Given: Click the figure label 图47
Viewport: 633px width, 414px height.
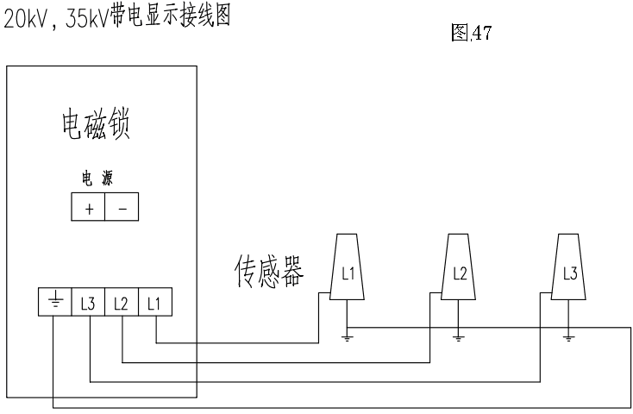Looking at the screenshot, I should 471,34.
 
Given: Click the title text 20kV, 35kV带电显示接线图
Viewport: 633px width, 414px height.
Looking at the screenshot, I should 118,16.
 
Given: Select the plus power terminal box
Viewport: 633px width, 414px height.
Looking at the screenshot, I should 87,208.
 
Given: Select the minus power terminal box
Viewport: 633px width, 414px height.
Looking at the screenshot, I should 121,208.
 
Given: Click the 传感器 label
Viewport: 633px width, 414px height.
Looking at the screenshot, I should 266,271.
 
